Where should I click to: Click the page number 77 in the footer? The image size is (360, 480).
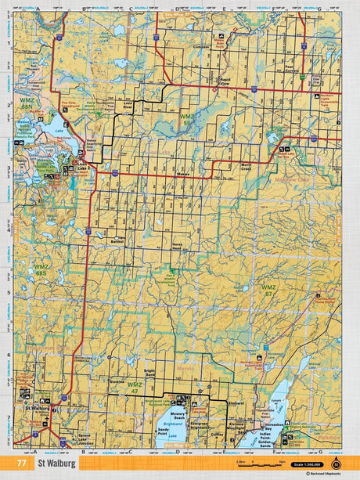click(19, 463)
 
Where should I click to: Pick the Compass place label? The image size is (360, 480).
click(203, 47)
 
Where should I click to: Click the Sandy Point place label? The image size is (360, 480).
click(163, 431)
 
